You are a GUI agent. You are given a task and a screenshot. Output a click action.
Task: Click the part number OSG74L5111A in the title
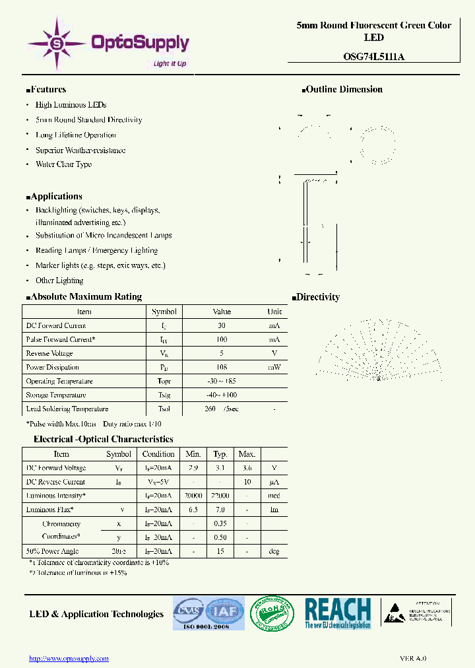pos(373,57)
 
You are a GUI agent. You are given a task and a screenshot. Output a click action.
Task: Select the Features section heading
pos(48,90)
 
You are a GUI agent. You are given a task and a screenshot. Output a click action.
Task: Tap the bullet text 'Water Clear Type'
pos(63,164)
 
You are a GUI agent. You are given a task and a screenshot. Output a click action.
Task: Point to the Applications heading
pos(56,197)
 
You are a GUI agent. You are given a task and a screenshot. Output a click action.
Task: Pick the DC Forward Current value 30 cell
pos(222,325)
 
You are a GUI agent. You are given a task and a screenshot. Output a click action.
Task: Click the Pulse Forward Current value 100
pos(222,339)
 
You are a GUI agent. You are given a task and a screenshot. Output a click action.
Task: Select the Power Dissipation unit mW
pos(274,367)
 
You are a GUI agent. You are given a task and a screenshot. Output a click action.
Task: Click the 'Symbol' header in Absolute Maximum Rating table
pos(164,312)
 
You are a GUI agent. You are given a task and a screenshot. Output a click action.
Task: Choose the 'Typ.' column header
pos(220,454)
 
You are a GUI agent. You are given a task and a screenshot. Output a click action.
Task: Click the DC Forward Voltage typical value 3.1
pos(220,468)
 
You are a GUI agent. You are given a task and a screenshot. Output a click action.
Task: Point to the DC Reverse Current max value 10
pos(247,482)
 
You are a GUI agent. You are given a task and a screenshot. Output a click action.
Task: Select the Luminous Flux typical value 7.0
pos(220,510)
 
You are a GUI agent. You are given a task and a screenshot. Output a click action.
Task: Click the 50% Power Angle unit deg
pos(274,551)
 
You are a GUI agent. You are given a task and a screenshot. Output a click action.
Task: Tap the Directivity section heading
pos(317,298)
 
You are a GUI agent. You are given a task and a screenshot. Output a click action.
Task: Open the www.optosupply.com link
pos(69,658)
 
